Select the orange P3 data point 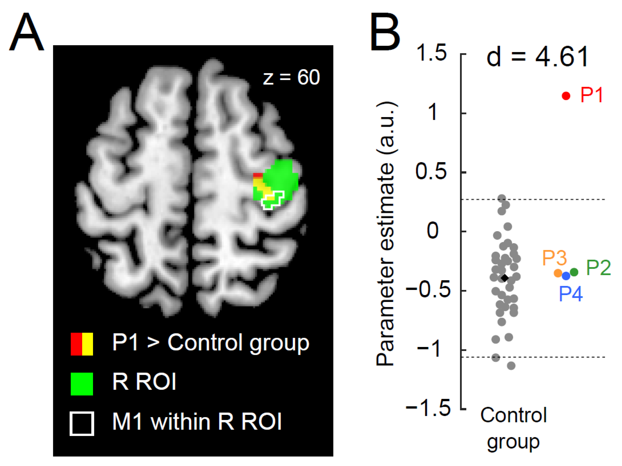(558, 273)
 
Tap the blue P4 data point (566, 276)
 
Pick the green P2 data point (574, 272)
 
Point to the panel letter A (27, 32)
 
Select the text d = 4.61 (537, 57)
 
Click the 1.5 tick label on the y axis (431, 53)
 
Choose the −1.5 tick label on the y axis (428, 408)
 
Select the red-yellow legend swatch (82, 344)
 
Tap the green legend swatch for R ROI (82, 384)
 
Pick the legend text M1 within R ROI (197, 422)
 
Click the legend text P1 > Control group (211, 343)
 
